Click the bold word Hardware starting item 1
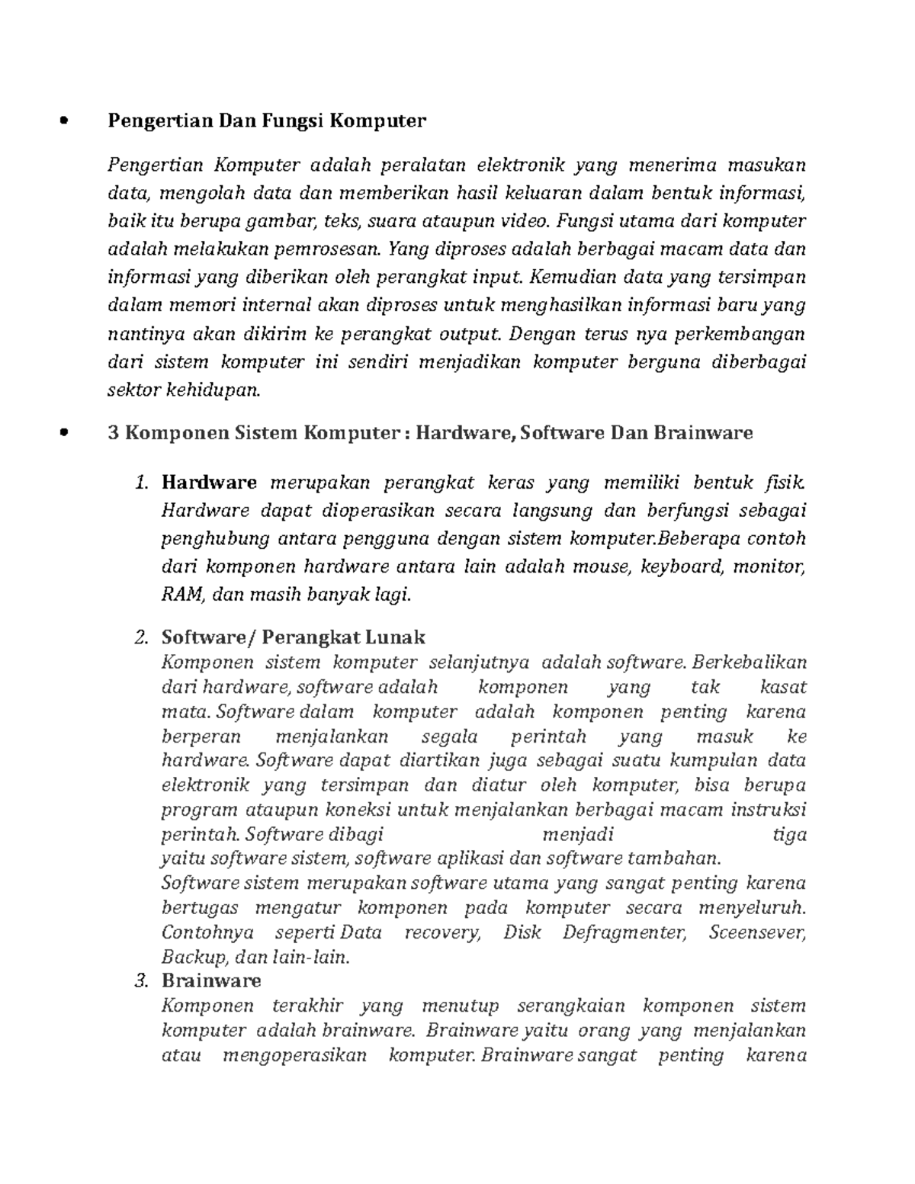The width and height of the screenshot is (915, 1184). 209,483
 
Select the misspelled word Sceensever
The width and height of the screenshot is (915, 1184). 756,932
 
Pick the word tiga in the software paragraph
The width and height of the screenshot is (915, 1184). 789,834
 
